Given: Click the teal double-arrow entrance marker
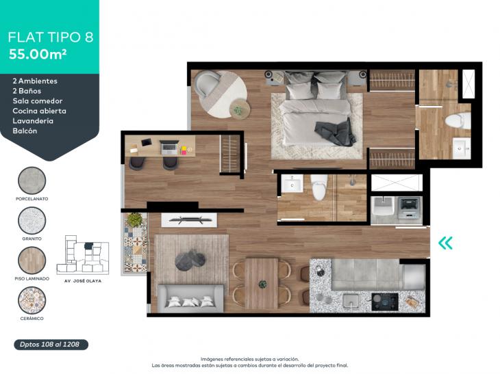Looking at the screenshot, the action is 445,243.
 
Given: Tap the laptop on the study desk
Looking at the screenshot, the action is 168,148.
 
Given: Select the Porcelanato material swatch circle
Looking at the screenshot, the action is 32,181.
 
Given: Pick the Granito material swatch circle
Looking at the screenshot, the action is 32,221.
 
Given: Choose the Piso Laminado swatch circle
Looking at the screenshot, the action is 32,261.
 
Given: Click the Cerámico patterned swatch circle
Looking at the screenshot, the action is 32,300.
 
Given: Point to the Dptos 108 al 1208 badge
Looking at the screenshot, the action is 51,345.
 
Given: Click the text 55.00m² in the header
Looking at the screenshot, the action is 38,54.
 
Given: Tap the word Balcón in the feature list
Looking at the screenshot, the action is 25,131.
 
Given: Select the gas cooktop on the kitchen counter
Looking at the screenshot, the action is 385,302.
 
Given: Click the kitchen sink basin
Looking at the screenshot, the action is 350,300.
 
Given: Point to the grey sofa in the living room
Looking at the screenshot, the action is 190,299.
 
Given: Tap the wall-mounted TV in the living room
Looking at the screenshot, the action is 190,219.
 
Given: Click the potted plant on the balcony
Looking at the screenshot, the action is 134,219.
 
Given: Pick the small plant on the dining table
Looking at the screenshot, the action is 262,284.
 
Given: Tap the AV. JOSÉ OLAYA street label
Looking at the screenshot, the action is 83,281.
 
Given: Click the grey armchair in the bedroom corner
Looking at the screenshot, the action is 207,83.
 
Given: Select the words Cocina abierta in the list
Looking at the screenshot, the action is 40,111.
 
